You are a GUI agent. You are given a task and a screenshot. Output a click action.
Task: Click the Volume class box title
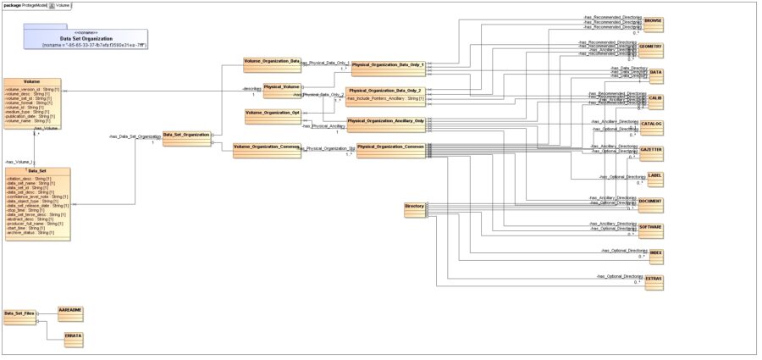(32, 81)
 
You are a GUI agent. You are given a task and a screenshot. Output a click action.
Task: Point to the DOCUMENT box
(650, 203)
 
